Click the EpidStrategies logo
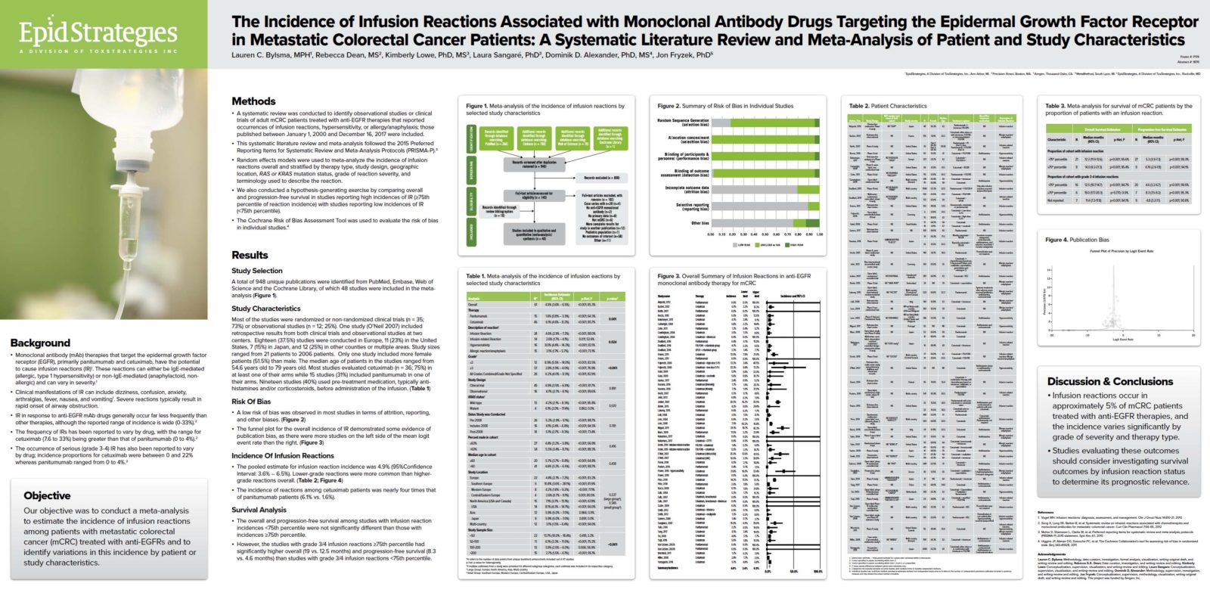(98, 35)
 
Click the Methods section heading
(253, 101)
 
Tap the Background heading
(40, 343)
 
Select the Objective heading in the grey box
(47, 495)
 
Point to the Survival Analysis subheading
(259, 510)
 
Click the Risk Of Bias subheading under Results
(251, 402)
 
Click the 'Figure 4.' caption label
(1056, 240)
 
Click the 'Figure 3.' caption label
(669, 276)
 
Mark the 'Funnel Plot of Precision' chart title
(1122, 250)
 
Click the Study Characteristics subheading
(265, 309)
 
